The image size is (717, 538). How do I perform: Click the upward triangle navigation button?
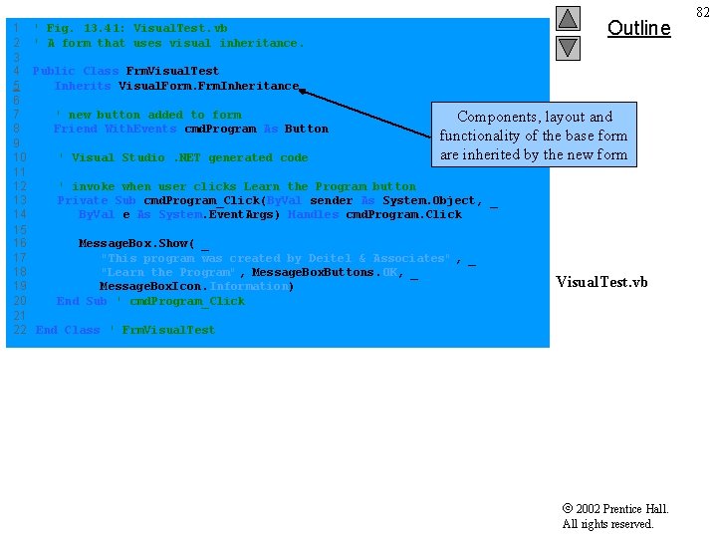point(568,18)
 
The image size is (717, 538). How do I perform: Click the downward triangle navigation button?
point(568,47)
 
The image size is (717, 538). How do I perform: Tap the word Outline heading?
point(638,28)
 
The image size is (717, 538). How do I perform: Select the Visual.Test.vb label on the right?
point(601,282)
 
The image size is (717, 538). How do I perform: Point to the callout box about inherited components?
point(534,135)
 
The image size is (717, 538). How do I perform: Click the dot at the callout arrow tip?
point(303,92)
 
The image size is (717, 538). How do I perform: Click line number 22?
point(20,330)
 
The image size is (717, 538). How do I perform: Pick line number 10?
point(20,157)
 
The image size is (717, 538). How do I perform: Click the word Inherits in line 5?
point(83,86)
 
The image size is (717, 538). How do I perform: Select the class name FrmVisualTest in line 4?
point(172,71)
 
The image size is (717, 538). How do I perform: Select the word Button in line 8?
point(307,129)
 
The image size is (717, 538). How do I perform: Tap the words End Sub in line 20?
point(82,301)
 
